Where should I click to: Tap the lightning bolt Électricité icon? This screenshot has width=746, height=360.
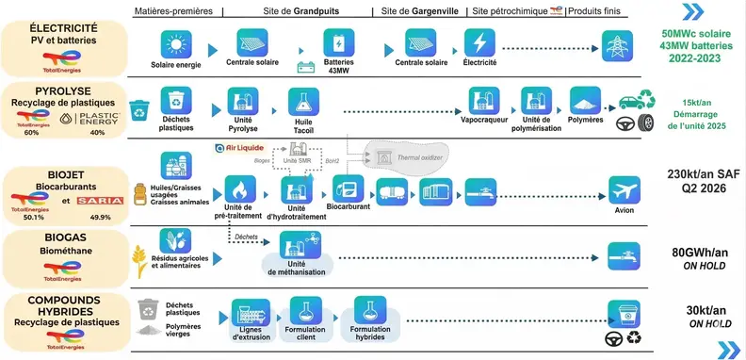pyautogui.click(x=480, y=43)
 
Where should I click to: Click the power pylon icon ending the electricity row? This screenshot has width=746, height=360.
pyautogui.click(x=617, y=43)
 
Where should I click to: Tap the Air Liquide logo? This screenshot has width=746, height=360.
pyautogui.click(x=239, y=148)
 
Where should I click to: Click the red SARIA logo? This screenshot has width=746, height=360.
pyautogui.click(x=92, y=202)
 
